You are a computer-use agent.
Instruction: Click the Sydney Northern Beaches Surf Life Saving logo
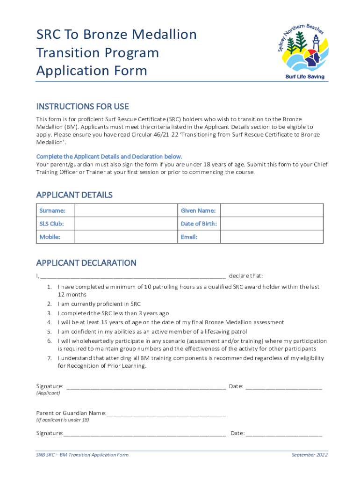301,52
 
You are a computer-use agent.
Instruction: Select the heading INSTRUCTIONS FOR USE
83,107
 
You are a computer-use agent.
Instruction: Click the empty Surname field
126,210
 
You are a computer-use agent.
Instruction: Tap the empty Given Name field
271,210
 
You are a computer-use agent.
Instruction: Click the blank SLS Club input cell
126,224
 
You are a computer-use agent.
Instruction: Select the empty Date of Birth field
271,224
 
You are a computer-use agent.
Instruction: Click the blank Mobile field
126,237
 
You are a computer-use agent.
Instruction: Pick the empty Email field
271,237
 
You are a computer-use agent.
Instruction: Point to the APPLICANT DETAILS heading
74,195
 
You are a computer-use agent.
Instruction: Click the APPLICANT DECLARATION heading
86,263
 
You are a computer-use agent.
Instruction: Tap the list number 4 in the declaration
49,322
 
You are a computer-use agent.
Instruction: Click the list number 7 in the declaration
49,358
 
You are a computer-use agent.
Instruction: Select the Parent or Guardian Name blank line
166,414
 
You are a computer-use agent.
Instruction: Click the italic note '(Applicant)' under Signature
48,393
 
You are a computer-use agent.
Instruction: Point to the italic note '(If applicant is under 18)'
63,420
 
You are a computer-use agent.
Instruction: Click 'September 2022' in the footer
310,455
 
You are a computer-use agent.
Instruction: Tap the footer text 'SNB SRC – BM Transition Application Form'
82,455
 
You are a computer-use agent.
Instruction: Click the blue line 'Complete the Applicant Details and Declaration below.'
109,156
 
